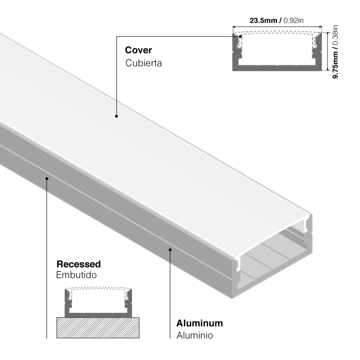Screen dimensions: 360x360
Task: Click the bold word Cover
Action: coord(138,50)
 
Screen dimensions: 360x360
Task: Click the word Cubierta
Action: coord(144,63)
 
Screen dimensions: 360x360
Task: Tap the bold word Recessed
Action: coord(79,264)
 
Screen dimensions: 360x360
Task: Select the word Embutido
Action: coord(77,276)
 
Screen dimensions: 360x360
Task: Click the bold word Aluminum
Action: coord(199,323)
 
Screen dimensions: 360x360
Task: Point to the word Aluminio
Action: coord(194,335)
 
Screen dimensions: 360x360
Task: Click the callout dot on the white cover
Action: coord(116,116)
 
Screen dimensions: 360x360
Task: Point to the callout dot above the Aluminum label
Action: coord(170,249)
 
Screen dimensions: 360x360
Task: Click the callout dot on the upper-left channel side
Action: coord(47,179)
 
